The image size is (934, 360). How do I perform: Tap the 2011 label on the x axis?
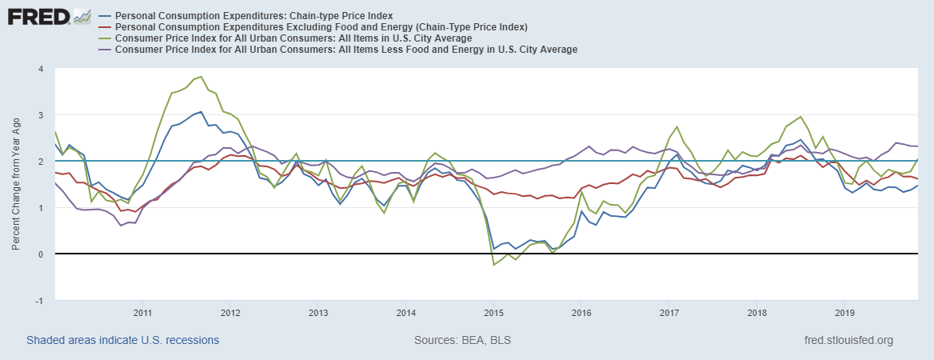142,312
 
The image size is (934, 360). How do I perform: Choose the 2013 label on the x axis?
318,312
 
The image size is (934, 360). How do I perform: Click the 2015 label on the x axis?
493,312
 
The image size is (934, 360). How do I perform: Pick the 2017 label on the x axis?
669,312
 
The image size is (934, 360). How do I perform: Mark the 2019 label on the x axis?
845,312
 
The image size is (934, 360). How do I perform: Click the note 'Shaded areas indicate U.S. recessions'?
122,340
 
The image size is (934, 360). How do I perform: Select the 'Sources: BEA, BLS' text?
462,340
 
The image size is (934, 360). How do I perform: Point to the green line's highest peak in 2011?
202,77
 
